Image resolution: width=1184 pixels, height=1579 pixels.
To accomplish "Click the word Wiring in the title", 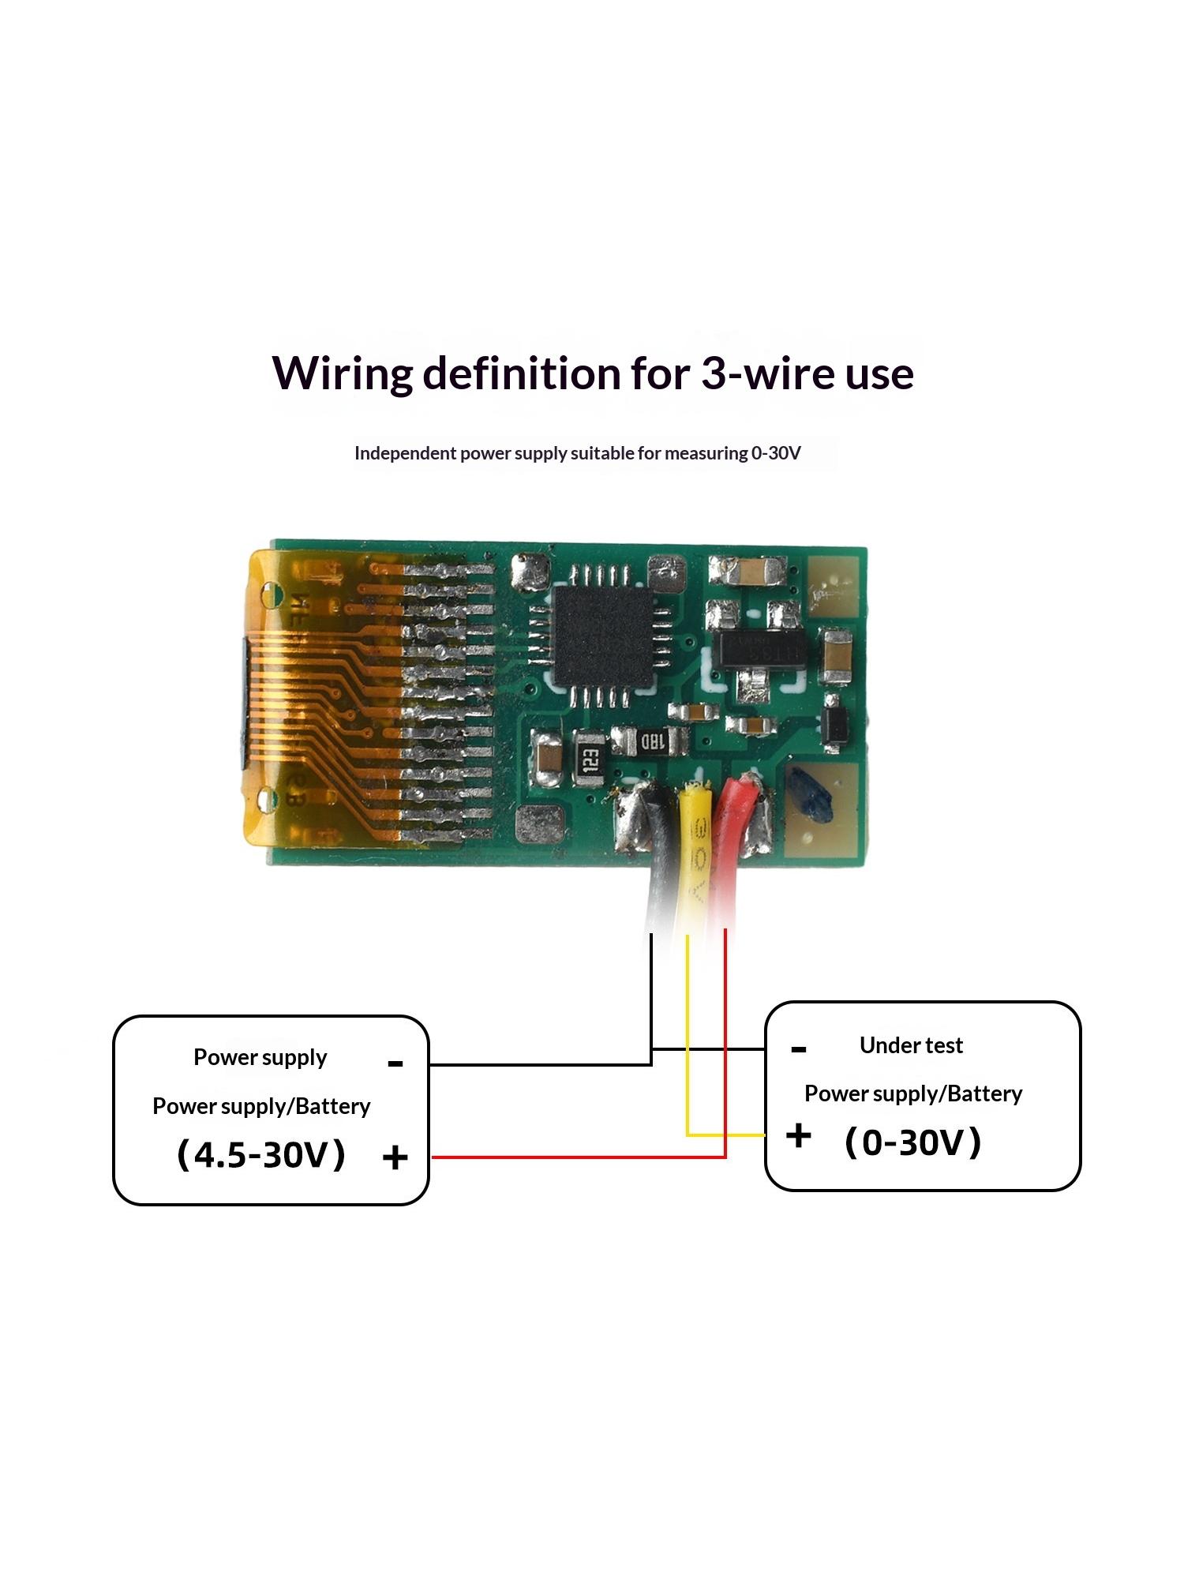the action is pyautogui.click(x=341, y=374).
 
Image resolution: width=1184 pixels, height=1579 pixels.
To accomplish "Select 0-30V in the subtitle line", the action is pyautogui.click(x=776, y=453).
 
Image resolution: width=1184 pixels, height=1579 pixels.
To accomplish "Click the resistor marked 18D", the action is pyautogui.click(x=650, y=741).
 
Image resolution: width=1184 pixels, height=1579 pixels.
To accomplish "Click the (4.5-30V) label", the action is pyautogui.click(x=261, y=1154).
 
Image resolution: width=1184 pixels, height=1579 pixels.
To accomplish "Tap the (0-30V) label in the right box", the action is pyautogui.click(x=913, y=1142).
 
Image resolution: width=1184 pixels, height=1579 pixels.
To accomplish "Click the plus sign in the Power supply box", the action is pyautogui.click(x=395, y=1158).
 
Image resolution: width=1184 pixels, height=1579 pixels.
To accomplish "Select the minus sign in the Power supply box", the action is pyautogui.click(x=395, y=1064).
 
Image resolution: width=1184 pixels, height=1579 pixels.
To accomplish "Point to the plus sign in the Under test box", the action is pyautogui.click(x=798, y=1135).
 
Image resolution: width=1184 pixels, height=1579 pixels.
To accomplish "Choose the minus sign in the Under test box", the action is pyautogui.click(x=798, y=1049).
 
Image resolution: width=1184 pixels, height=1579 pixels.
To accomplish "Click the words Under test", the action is pyautogui.click(x=911, y=1045).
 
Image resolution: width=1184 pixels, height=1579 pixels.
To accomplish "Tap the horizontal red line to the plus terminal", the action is pyautogui.click(x=579, y=1157).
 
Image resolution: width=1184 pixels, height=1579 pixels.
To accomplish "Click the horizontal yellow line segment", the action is pyautogui.click(x=725, y=1135).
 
